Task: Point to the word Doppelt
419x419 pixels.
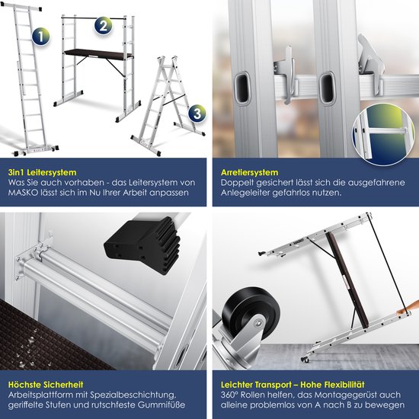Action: [234, 183]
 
